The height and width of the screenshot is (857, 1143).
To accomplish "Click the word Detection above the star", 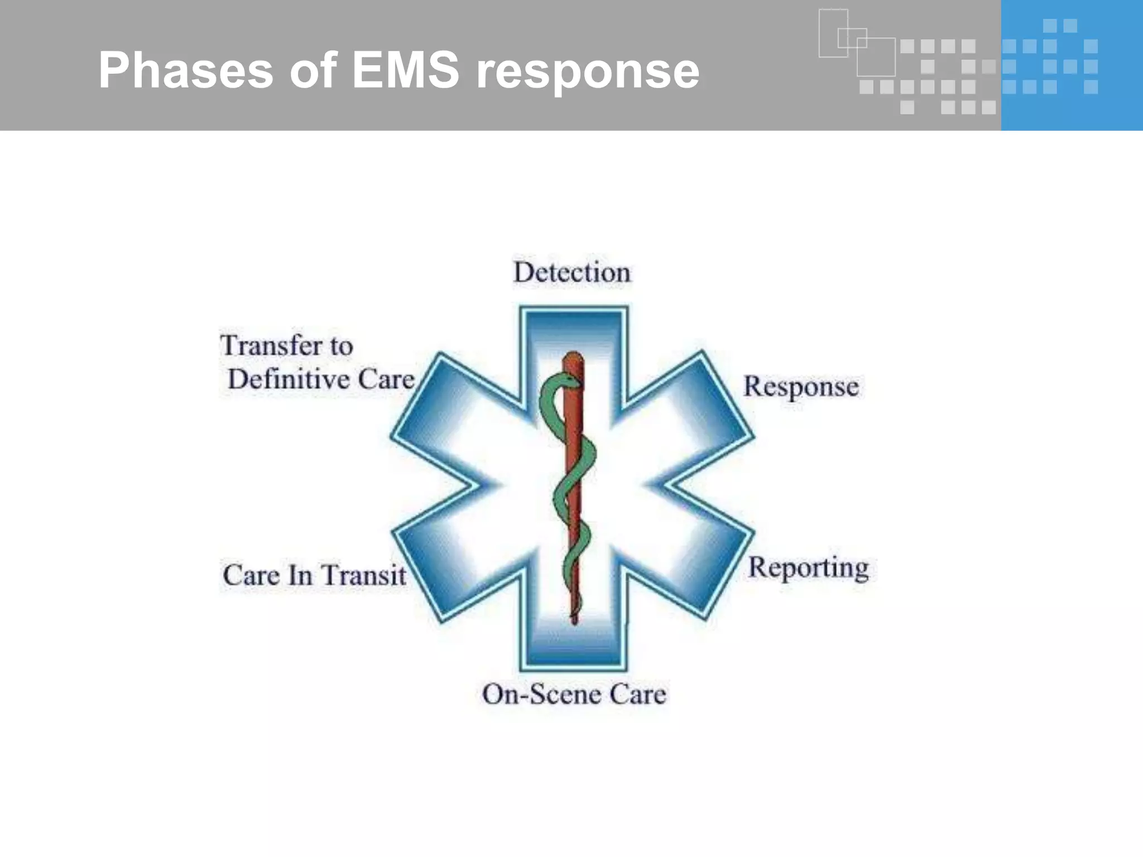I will (x=571, y=273).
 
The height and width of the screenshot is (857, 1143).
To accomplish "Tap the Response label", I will (x=801, y=387).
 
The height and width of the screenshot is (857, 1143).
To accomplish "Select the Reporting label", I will (x=808, y=568).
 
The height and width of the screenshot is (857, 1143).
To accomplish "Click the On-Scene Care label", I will (x=574, y=695).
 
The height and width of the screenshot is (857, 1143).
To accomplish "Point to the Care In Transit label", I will (x=314, y=575).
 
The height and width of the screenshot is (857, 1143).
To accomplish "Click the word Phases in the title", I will (x=185, y=70).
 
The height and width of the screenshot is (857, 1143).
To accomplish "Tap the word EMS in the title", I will (x=405, y=70).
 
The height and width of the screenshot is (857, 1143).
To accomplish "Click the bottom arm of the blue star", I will (x=574, y=642).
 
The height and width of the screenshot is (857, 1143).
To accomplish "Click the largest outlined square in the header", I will (x=876, y=57).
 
